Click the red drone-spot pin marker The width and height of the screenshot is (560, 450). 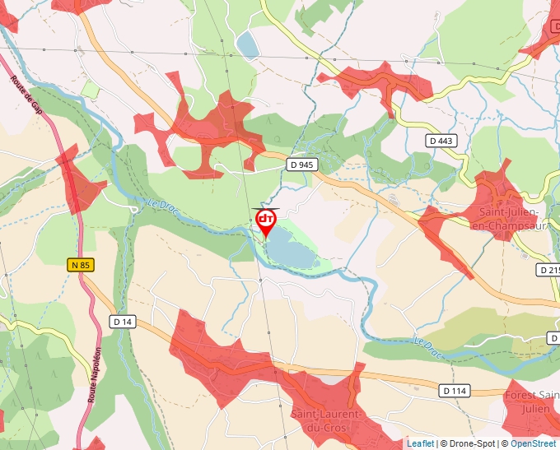[266, 221]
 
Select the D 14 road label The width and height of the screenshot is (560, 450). [123, 321]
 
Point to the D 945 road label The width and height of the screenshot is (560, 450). [302, 165]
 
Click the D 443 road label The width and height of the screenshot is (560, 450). [441, 141]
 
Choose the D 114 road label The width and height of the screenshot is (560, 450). [454, 391]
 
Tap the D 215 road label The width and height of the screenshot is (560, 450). [549, 270]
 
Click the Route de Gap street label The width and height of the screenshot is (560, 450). [26, 95]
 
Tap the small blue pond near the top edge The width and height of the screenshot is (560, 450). [247, 43]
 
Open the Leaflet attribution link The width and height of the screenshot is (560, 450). [420, 443]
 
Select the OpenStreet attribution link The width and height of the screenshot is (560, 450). [533, 443]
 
